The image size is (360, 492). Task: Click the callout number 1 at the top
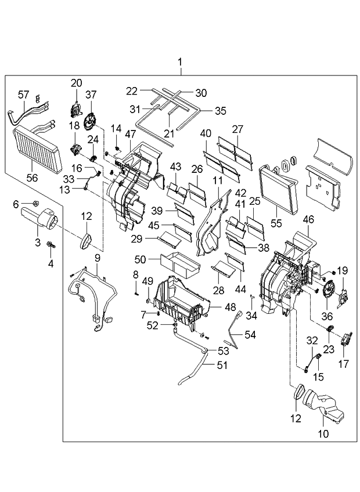coord(180,62)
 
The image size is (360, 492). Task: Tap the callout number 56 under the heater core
coord(32,178)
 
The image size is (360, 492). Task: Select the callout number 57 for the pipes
coord(24,95)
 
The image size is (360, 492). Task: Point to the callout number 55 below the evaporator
coord(276,223)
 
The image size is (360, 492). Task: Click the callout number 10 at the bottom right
coord(323,433)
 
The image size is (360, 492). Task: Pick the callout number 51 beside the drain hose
coord(222,366)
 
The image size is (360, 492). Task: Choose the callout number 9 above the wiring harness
coord(97,258)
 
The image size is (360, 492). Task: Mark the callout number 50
coord(141,259)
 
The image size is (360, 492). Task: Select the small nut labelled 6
coord(36,205)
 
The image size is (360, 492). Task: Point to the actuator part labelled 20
coord(75,109)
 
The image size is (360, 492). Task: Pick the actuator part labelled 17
coord(346,339)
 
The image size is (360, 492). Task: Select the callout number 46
coord(308,220)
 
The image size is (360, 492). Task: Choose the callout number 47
coord(130,134)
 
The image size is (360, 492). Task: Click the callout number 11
coord(217,180)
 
